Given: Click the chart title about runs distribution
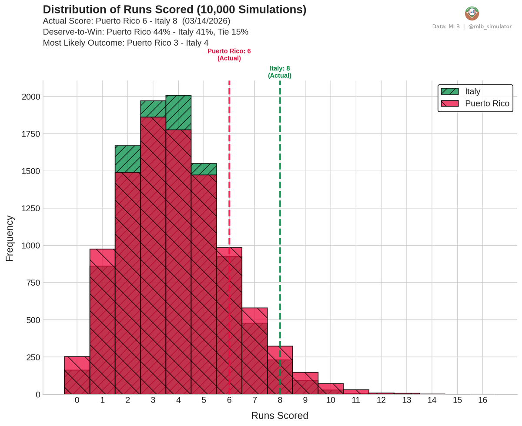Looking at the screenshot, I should pos(174,10).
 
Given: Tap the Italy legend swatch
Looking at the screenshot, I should pos(449,91).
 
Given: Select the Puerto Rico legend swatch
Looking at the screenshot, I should pos(449,103).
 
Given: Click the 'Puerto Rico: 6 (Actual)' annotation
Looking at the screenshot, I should pos(229,55).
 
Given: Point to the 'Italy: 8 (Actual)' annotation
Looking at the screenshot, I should pos(280,72).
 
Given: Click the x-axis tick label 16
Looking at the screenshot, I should pos(482,400).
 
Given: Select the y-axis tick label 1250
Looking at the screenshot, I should pos(31,209).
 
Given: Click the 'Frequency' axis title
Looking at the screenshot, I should pos(10,238).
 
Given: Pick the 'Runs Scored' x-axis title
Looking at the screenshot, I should pos(280,416).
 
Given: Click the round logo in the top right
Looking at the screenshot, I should pos(472,13).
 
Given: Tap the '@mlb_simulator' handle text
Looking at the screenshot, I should pos(490,27).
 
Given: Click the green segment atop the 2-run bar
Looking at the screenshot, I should pos(127,159).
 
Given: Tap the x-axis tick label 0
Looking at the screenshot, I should pos(77,400).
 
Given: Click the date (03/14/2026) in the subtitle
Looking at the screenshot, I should pos(206,21).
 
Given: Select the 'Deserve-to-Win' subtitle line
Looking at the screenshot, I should pos(145,32).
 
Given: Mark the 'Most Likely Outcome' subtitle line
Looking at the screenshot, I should pos(126,43).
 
